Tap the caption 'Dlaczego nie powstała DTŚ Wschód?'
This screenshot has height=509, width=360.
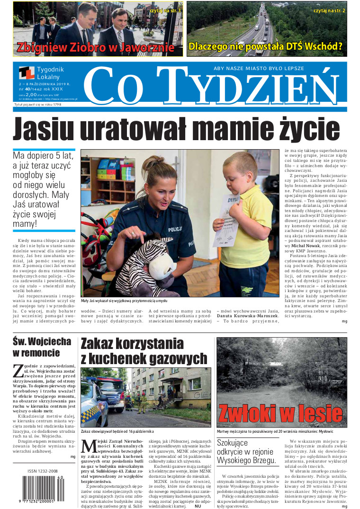pos(265,47)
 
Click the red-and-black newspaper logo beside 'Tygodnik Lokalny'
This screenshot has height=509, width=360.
pos(27,73)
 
